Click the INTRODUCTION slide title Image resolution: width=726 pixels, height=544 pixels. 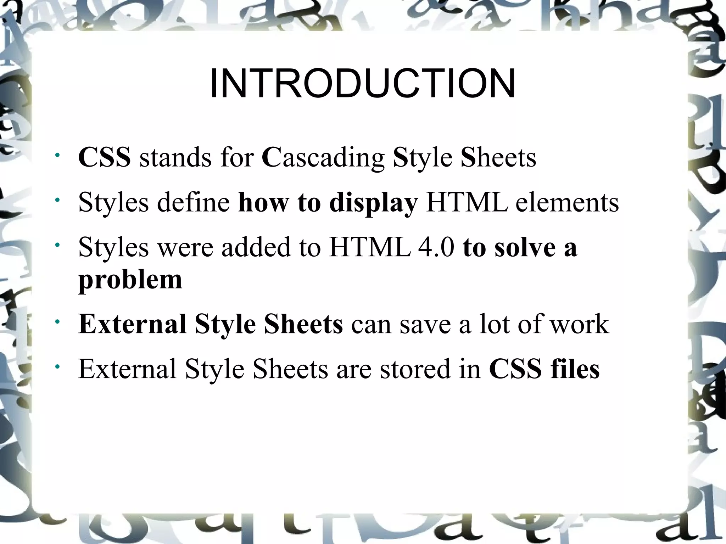pos(362,84)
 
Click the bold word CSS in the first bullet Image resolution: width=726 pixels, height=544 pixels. pos(104,157)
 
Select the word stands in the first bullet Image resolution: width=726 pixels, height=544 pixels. pos(175,157)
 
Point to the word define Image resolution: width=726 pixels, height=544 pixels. pos(193,202)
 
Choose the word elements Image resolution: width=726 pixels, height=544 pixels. pos(567,202)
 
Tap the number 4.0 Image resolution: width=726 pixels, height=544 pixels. pos(436,247)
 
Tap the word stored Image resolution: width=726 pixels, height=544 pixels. pos(415,369)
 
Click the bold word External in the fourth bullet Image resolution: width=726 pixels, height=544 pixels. pos(132,324)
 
